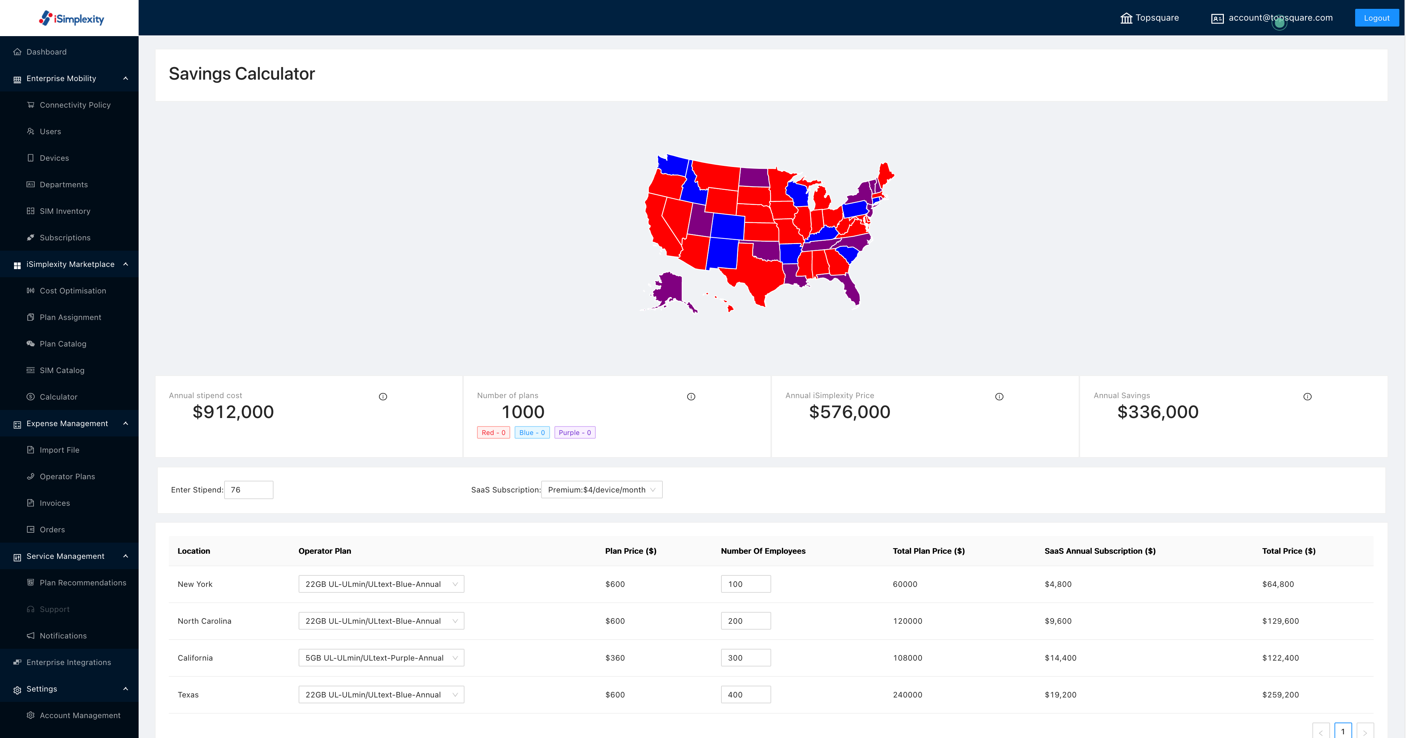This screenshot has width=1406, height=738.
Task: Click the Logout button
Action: click(x=1376, y=18)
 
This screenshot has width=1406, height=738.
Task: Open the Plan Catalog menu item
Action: click(x=63, y=344)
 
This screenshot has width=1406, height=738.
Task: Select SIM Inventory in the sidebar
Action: click(x=65, y=211)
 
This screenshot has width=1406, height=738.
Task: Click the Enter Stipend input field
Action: click(x=248, y=490)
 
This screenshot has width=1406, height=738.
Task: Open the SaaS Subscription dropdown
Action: click(x=602, y=490)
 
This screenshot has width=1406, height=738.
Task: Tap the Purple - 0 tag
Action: click(x=574, y=433)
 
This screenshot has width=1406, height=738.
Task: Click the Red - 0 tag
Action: click(x=493, y=433)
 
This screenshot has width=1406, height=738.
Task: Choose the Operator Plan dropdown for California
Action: click(x=381, y=658)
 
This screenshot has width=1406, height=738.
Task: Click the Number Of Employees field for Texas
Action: click(x=745, y=695)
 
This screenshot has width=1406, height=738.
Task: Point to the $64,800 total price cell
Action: click(x=1278, y=584)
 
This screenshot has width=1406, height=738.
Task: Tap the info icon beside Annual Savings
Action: click(x=1307, y=397)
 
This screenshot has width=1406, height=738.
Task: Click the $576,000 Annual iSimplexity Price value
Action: click(x=849, y=412)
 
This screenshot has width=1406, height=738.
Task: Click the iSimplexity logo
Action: click(x=72, y=18)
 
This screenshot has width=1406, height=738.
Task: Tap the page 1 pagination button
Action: click(x=1343, y=731)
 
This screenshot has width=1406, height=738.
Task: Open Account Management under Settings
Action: click(x=80, y=716)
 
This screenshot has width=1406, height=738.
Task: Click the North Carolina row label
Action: click(x=204, y=621)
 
